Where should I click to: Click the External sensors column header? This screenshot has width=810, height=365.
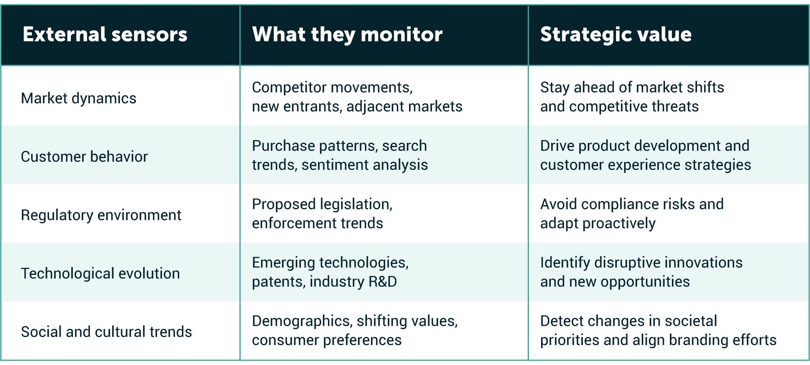pyautogui.click(x=105, y=34)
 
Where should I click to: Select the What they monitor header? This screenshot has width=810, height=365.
pyautogui.click(x=347, y=34)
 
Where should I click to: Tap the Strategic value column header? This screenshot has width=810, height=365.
pyautogui.click(x=616, y=34)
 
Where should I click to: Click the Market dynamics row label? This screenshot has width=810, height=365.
pyautogui.click(x=79, y=99)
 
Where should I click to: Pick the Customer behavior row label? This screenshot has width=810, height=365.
pyautogui.click(x=84, y=157)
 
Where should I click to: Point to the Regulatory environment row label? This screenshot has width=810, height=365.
pyautogui.click(x=101, y=215)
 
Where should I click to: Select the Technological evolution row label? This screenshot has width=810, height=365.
pyautogui.click(x=100, y=274)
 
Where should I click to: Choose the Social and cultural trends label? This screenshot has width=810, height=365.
pyautogui.click(x=106, y=332)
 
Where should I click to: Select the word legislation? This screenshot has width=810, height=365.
pyautogui.click(x=356, y=204)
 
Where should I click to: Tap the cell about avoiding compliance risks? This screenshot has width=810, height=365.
pyautogui.click(x=632, y=214)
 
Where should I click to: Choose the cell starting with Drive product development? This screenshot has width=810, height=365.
pyautogui.click(x=645, y=155)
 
